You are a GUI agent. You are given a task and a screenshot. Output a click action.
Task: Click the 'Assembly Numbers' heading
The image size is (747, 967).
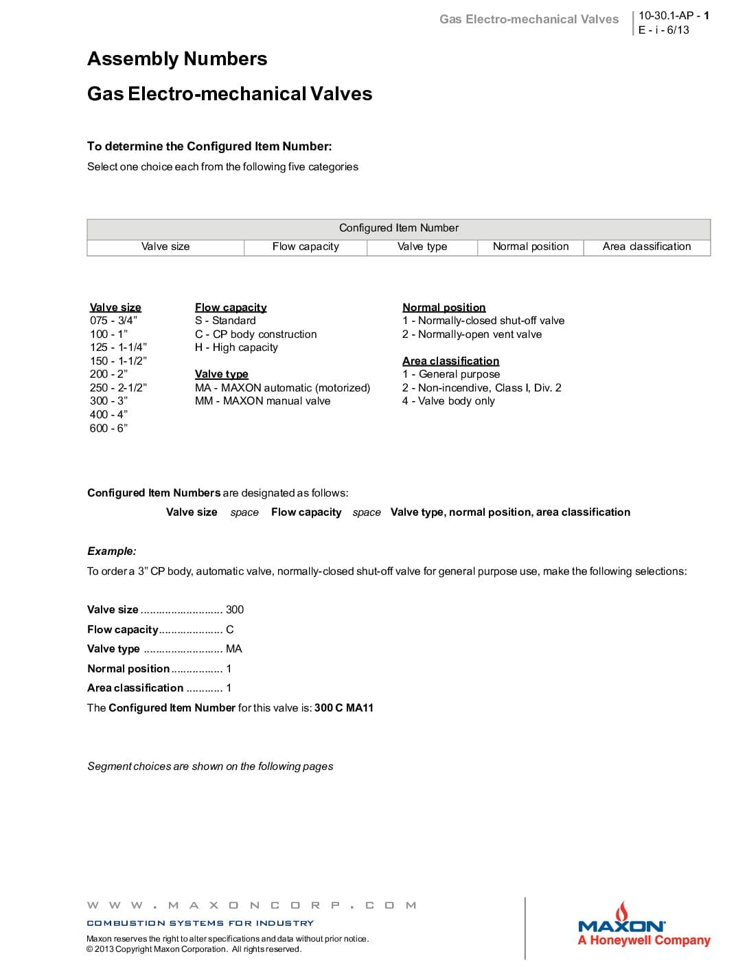[177, 59]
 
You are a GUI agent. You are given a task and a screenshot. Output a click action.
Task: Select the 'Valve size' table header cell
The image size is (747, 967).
[165, 247]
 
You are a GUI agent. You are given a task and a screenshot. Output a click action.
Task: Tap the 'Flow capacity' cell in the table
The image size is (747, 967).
[306, 247]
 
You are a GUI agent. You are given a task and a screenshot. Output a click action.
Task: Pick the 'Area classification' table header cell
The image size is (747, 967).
[647, 247]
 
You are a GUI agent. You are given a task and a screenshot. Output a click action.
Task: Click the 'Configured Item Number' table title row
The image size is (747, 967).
[398, 228]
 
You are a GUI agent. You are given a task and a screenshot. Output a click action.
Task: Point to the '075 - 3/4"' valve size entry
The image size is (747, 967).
[113, 321]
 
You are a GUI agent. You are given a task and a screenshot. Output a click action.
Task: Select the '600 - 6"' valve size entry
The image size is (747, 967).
[108, 429]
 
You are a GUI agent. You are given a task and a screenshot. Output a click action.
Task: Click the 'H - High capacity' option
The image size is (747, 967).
[236, 348]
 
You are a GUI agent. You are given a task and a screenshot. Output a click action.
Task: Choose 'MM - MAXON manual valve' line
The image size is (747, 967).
[262, 401]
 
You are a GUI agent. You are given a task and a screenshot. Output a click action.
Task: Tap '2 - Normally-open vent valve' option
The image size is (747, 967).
[472, 334]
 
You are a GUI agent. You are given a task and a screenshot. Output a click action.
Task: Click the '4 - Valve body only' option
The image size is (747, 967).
[448, 401]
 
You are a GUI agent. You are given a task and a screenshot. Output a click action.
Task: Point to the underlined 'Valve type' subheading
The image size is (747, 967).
[221, 374]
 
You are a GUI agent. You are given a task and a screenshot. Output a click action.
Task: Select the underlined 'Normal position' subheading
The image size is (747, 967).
[444, 308]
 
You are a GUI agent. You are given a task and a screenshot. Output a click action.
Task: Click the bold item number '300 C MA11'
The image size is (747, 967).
[343, 708]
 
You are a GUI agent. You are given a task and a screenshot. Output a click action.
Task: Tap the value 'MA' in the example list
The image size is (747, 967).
[233, 649]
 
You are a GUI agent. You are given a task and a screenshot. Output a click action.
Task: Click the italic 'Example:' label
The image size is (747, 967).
[111, 551]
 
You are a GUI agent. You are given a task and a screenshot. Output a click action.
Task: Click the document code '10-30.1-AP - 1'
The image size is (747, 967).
[674, 16]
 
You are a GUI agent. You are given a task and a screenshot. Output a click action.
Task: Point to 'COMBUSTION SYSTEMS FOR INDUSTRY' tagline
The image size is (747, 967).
[200, 924]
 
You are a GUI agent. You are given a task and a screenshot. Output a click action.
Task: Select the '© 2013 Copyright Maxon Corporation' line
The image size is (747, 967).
[194, 950]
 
